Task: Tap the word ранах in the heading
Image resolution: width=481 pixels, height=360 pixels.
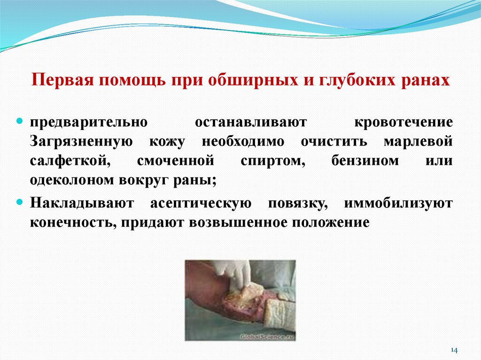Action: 426,80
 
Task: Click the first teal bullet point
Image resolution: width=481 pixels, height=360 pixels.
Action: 20,122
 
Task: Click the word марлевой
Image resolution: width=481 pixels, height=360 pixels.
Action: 418,142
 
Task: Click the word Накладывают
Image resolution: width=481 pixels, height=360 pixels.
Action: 83,203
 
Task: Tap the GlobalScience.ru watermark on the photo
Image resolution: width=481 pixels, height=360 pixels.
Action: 266,336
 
